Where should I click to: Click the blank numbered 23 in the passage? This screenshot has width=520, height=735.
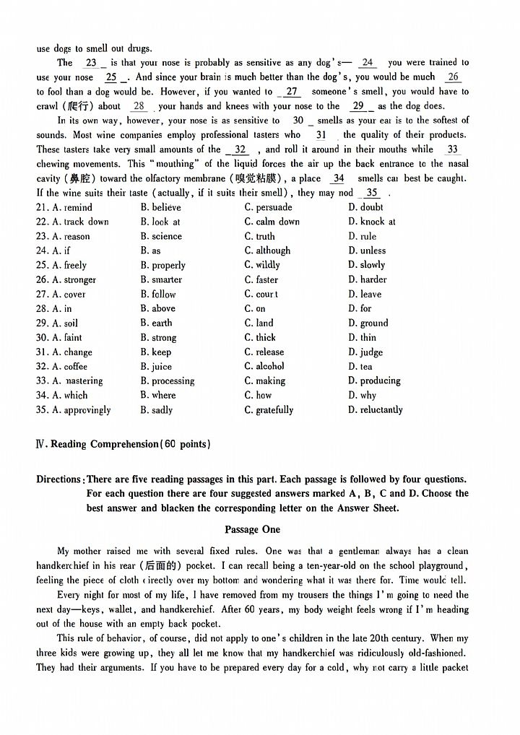point(92,63)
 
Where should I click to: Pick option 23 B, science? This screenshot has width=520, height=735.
point(161,236)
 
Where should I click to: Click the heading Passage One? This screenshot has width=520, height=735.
point(252,529)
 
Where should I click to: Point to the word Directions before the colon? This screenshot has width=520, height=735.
point(58,479)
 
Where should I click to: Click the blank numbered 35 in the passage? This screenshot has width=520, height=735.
point(371,193)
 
